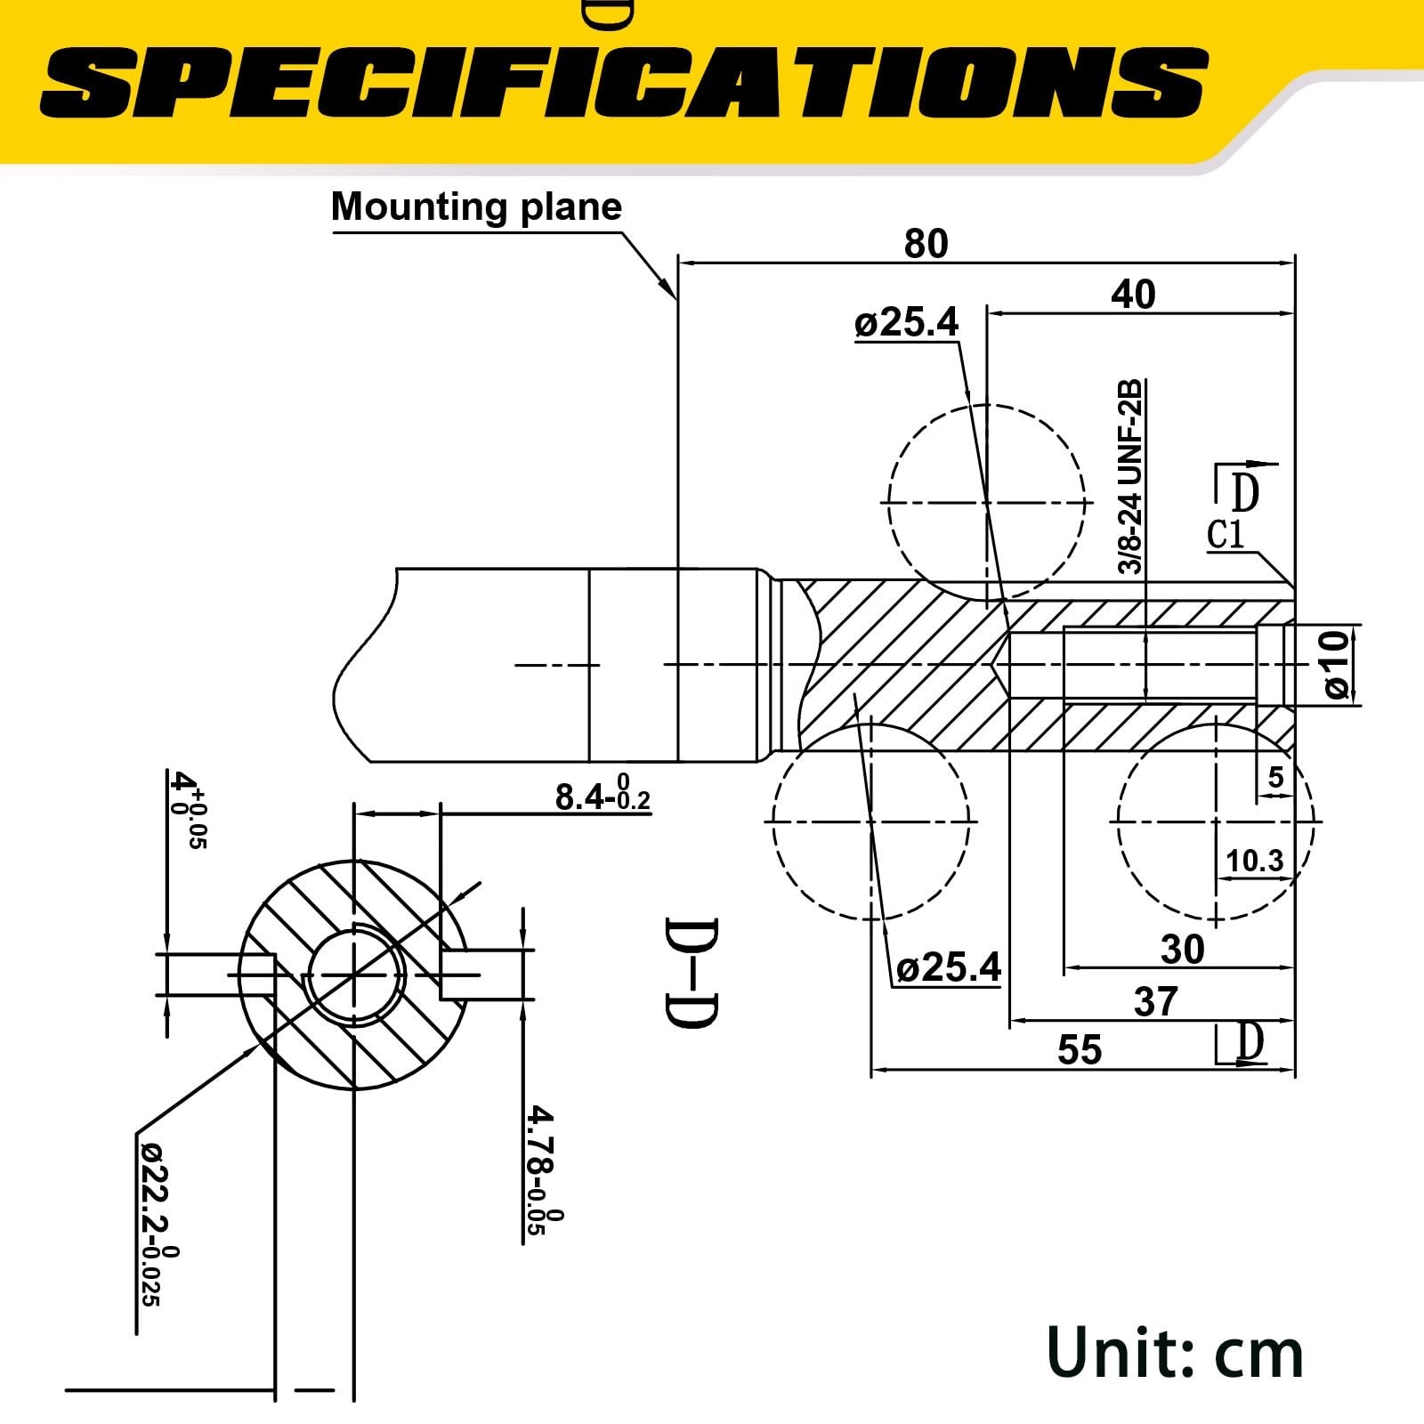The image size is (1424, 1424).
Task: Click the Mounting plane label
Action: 476,206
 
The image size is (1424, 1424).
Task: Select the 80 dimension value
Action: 926,243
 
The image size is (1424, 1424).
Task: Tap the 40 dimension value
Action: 1132,295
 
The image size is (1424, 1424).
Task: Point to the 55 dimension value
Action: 1079,1050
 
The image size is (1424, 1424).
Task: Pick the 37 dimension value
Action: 1155,1002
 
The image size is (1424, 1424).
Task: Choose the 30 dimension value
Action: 1182,950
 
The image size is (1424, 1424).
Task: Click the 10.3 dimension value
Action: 1254,861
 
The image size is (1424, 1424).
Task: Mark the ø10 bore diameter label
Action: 1337,665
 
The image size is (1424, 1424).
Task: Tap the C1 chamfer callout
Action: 1226,535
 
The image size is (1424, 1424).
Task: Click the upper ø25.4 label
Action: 906,323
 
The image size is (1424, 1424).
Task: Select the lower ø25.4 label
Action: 948,967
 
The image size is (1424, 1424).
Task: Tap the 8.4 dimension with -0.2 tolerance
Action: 602,797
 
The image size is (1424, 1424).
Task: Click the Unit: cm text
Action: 1175,1353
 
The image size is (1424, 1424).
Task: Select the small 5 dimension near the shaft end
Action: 1275,778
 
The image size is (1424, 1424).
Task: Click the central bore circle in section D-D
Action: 356,975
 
